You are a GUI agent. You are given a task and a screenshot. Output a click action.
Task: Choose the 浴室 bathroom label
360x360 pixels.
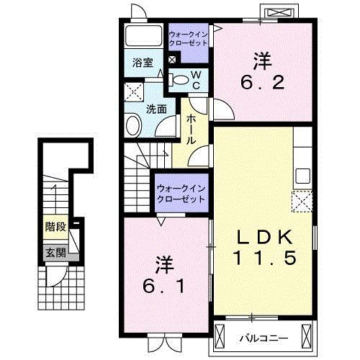142,63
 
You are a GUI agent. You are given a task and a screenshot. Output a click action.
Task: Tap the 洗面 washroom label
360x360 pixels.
157,109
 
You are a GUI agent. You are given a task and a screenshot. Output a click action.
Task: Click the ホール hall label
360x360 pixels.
192,128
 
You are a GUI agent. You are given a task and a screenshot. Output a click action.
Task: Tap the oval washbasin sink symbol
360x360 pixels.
135,127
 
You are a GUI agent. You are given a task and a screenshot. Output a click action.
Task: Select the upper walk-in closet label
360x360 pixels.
188,38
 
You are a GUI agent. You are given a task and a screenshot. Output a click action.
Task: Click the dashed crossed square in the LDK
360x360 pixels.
301,200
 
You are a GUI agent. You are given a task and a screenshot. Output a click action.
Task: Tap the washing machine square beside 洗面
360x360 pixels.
132,91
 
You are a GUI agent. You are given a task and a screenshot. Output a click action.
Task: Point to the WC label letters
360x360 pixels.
195,81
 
